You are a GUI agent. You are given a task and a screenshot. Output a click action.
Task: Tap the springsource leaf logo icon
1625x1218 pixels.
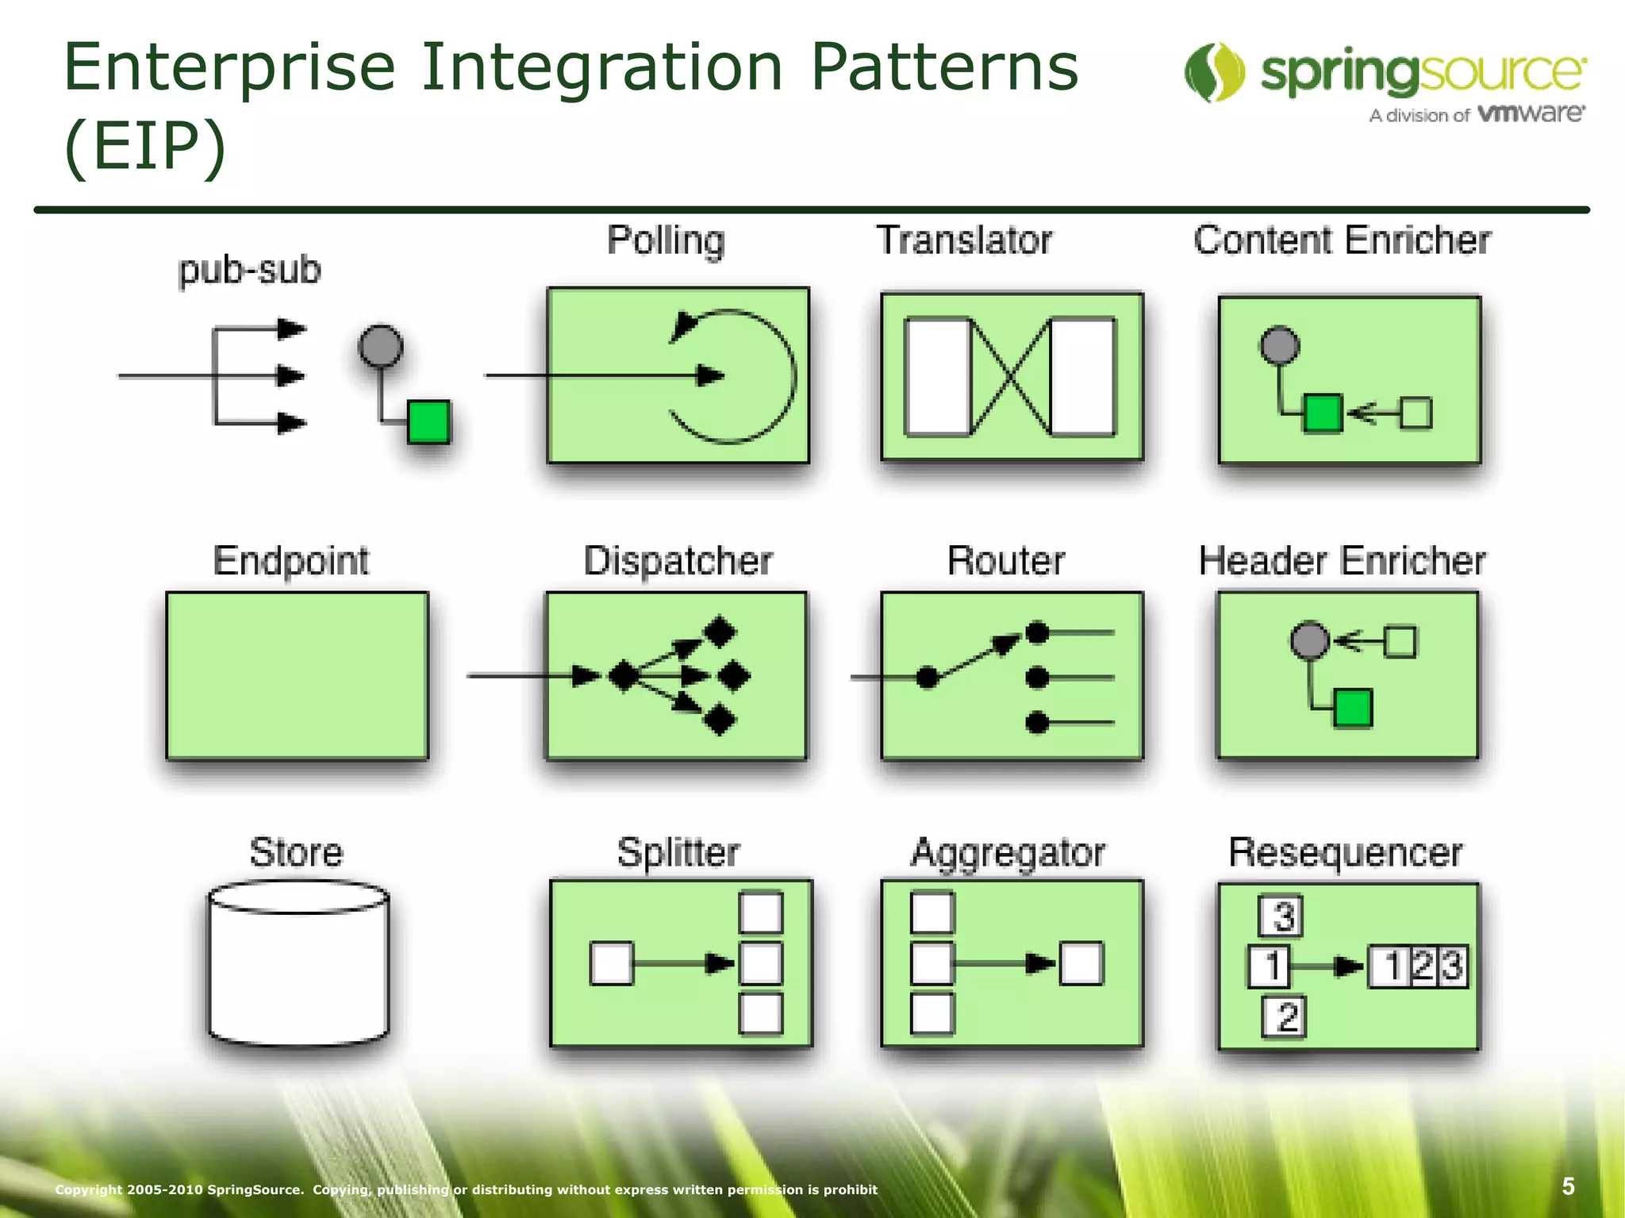tap(1214, 72)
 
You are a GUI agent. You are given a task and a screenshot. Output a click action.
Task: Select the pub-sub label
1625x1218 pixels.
tap(249, 270)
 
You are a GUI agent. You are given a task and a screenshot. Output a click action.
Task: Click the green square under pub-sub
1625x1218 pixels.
tap(428, 421)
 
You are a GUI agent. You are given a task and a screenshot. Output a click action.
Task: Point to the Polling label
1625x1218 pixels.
tap(666, 240)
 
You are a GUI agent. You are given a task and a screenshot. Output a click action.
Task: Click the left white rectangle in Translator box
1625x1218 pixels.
tap(937, 377)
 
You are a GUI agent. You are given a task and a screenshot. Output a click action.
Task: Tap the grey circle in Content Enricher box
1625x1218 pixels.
tap(1280, 346)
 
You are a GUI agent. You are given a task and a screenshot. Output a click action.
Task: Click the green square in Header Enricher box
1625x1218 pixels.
tap(1352, 709)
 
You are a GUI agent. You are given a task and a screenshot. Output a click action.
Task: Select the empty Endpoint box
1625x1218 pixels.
tap(297, 675)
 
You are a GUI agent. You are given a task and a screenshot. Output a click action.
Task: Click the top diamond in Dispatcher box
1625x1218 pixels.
tap(720, 632)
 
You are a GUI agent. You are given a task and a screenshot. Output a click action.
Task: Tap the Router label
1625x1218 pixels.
tap(1005, 560)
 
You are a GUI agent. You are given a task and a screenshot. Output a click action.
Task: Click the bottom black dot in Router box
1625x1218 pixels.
tap(1037, 723)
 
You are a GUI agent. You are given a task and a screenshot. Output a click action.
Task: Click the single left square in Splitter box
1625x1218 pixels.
tap(612, 963)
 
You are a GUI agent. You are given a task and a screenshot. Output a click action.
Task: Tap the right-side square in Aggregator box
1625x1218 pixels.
tap(1081, 963)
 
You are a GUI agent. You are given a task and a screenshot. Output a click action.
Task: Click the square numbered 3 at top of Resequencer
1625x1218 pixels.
tap(1281, 916)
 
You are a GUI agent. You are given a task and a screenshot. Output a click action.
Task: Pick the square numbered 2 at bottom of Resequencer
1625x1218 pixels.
tap(1284, 1017)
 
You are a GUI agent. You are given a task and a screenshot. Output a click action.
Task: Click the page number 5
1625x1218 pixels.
tap(1568, 1186)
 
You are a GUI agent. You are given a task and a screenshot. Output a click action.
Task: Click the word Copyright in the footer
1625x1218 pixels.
tap(88, 1189)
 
